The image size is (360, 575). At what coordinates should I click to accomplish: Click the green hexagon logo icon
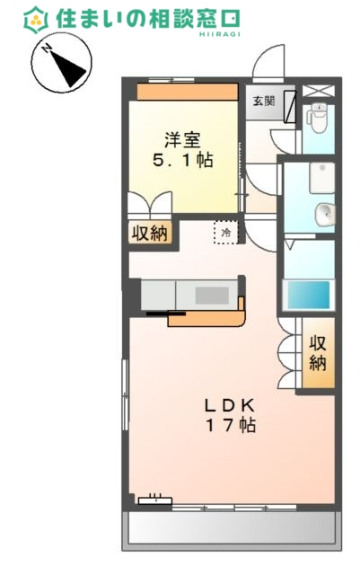[37, 17]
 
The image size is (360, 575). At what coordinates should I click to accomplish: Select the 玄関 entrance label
[263, 101]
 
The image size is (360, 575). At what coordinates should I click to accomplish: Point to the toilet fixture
[316, 117]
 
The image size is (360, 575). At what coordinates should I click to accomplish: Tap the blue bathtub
[308, 296]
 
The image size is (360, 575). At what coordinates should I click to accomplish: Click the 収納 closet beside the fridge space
[150, 233]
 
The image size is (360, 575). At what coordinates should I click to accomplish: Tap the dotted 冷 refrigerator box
[225, 233]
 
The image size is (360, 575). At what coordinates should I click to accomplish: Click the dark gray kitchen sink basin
[213, 294]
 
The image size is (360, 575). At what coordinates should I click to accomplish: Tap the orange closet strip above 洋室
[188, 92]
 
